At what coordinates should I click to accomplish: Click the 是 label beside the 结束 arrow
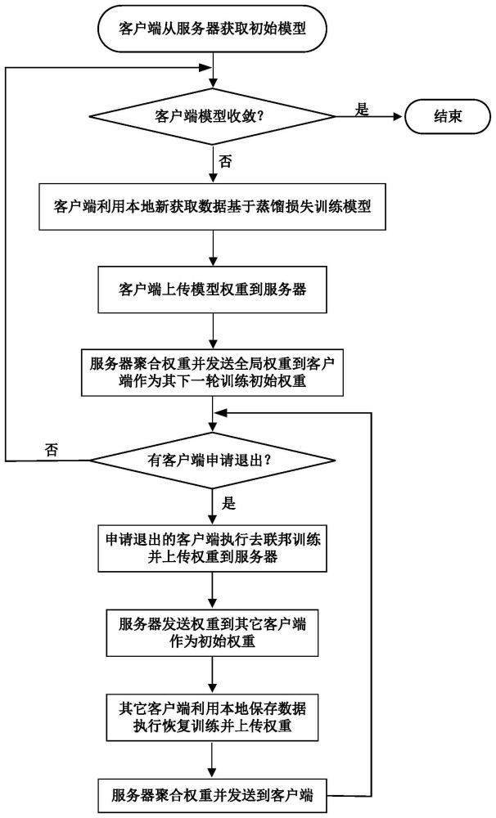(361, 106)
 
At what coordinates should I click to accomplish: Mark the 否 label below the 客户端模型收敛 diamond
(226, 160)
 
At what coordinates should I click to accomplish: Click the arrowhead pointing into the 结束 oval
(399, 116)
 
